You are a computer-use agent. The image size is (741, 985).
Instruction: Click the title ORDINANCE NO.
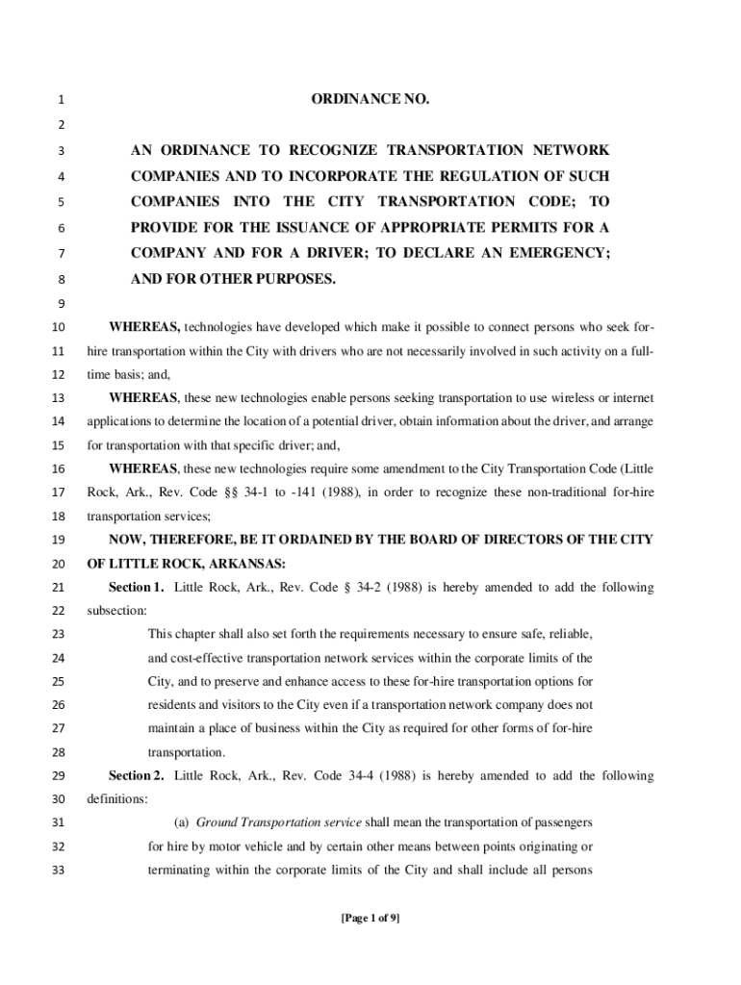coord(370,99)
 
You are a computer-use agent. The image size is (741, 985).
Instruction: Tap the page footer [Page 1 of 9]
coord(370,918)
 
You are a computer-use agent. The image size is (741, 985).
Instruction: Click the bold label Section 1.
coord(136,588)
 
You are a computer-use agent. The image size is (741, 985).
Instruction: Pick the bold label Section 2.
coord(136,776)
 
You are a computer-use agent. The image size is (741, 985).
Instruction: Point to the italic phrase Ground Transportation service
coord(278,823)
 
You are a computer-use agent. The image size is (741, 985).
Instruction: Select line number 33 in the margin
coord(58,871)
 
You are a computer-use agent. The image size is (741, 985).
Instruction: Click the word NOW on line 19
coord(125,540)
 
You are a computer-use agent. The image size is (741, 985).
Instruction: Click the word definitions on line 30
coord(116,799)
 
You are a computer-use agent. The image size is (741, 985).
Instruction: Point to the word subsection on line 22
coord(116,611)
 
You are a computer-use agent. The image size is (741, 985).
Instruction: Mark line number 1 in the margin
coord(61,99)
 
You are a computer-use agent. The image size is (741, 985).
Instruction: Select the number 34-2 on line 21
coord(336,588)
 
